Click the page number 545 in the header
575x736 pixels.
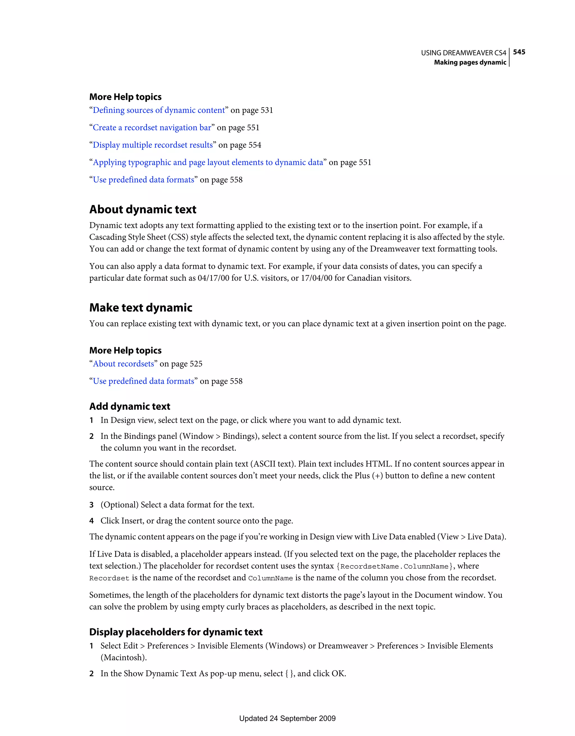519,52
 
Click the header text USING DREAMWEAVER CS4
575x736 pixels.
463,53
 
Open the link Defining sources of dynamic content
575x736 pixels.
159,110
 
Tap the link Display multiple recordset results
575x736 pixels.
152,145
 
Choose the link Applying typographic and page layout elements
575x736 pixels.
208,162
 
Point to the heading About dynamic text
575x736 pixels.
143,210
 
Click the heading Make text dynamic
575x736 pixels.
141,308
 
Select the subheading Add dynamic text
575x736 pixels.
130,406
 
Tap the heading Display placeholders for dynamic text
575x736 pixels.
176,632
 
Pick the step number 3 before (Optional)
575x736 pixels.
91,505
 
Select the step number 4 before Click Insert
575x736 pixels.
91,521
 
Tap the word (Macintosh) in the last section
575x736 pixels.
123,657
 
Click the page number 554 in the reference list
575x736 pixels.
255,145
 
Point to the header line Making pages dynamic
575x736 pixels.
470,62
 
